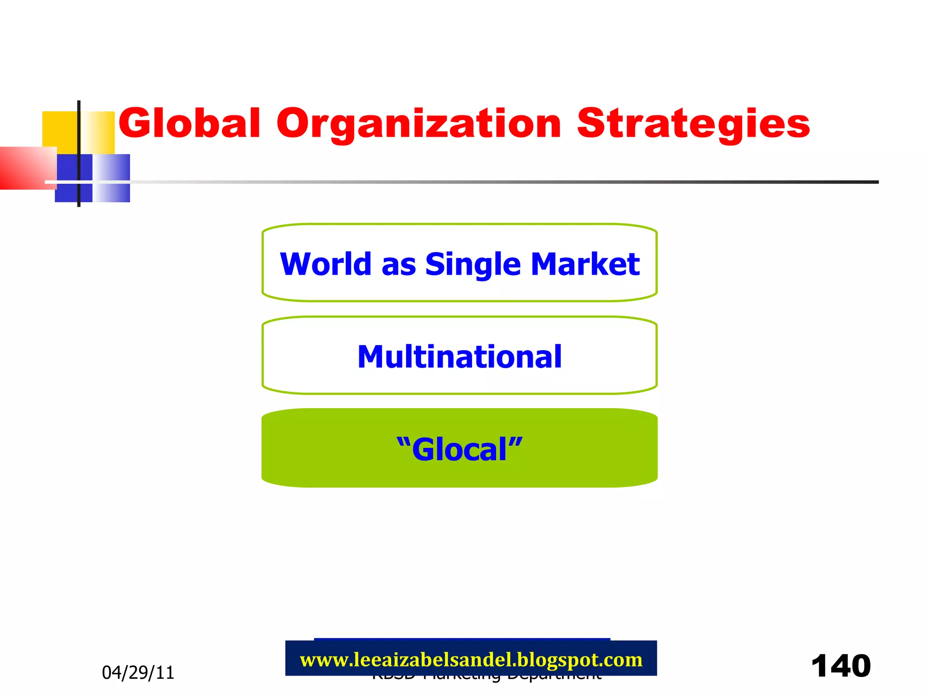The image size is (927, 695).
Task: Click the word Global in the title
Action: (x=190, y=123)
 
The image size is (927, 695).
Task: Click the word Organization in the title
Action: (x=419, y=124)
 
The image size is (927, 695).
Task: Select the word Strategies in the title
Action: (x=693, y=124)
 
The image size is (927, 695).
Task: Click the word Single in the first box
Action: (x=473, y=265)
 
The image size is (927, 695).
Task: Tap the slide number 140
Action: (x=841, y=666)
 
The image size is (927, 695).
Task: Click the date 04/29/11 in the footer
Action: (x=138, y=673)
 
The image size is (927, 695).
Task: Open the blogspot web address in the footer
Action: (x=471, y=659)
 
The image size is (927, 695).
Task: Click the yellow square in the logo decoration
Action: (x=60, y=129)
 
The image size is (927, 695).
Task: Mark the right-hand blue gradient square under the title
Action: (x=112, y=178)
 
